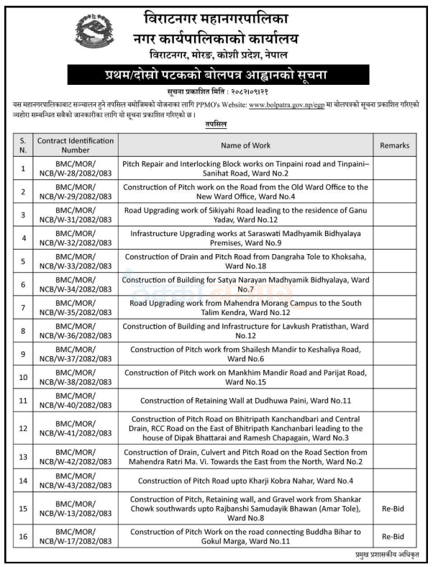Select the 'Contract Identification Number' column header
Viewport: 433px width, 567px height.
coord(75,145)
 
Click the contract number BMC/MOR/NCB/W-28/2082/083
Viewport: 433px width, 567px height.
coord(75,169)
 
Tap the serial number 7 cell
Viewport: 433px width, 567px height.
coord(23,306)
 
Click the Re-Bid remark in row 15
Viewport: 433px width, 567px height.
coord(393,509)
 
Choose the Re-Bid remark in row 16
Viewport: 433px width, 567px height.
coord(393,537)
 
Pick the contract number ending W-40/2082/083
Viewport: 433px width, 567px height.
coord(75,400)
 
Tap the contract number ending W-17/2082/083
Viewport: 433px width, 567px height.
coord(75,537)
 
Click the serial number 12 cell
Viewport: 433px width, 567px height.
coord(23,428)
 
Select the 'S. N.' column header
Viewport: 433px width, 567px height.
coord(23,145)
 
